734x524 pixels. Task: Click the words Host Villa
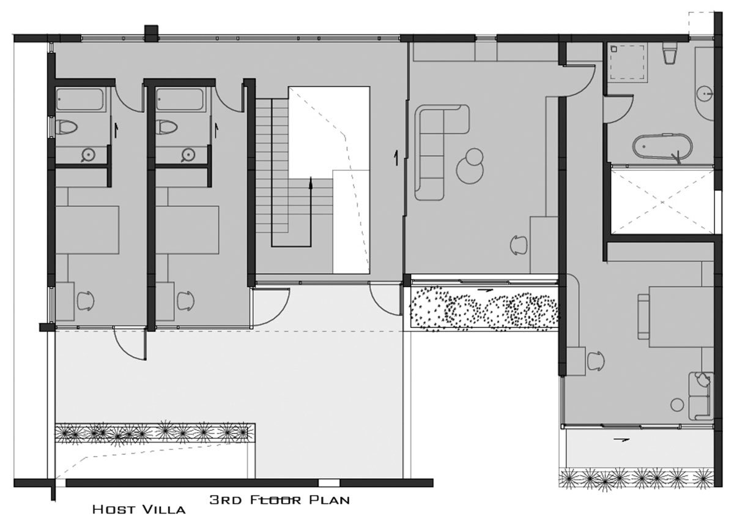pos(139,509)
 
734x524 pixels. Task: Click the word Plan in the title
pos(330,500)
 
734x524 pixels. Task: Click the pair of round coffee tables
pos(470,166)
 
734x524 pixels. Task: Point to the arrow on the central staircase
pos(311,212)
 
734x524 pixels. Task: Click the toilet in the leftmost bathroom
pos(67,127)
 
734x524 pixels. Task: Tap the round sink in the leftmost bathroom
pos(88,154)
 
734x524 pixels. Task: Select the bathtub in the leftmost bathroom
pos(81,100)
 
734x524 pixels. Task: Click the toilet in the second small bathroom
pos(166,127)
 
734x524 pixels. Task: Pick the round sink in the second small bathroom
pos(188,154)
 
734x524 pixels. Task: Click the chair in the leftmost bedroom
pos(86,301)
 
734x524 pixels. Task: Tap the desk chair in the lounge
pos(519,245)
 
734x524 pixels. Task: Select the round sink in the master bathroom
pos(705,94)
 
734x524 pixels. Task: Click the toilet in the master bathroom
pos(669,54)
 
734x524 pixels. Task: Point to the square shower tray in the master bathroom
pos(628,62)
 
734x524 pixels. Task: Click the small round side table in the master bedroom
pos(677,405)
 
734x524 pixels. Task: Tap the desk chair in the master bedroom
pos(596,361)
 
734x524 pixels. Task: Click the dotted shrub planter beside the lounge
pos(484,309)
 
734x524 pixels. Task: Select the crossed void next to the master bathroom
pos(662,201)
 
